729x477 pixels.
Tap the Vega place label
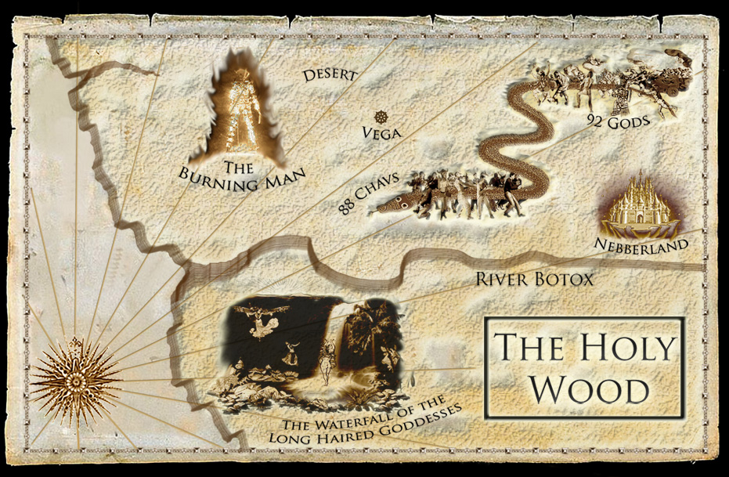tap(382, 132)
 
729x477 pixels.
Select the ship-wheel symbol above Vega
tap(381, 117)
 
